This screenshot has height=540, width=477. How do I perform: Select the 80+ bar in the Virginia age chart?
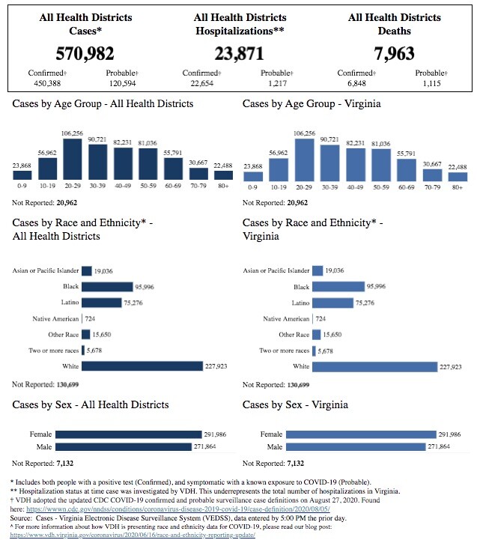(x=458, y=176)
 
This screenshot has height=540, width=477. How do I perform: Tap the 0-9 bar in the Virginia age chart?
(x=253, y=175)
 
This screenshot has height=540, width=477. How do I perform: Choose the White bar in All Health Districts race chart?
(x=142, y=366)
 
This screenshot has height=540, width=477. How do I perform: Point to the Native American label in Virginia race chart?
(x=286, y=319)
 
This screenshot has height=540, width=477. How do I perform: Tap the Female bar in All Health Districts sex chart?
(x=129, y=434)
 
